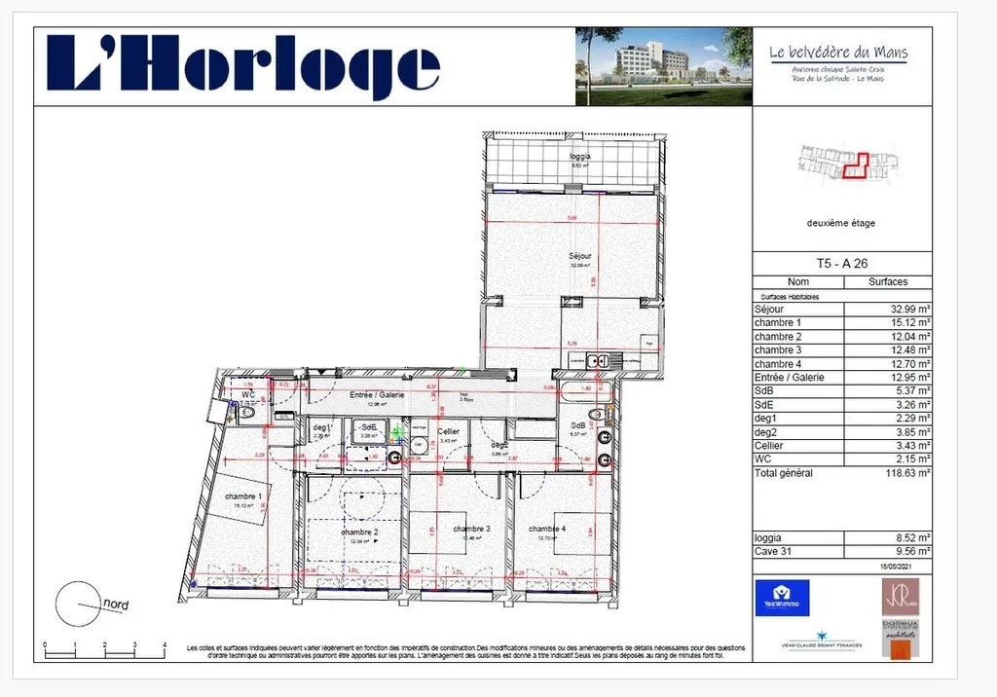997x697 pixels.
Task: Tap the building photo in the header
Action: (x=663, y=66)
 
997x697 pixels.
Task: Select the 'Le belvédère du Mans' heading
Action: (x=838, y=53)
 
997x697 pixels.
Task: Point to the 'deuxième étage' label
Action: (x=841, y=223)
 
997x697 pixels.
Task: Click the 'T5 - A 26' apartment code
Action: (x=841, y=264)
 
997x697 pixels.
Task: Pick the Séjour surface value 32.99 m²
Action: (x=903, y=309)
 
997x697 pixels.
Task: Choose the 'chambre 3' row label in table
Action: (x=778, y=349)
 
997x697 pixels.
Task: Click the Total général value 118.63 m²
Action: (x=902, y=472)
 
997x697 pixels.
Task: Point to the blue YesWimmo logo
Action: (x=782, y=597)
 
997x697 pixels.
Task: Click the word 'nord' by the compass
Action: (x=116, y=605)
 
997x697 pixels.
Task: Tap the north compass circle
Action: (x=77, y=604)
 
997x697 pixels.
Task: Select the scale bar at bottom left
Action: (x=105, y=648)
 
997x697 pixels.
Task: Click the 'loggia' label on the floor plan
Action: (x=580, y=156)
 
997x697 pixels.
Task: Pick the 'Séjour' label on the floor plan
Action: (x=580, y=256)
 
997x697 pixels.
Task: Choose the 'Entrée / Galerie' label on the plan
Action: (x=378, y=394)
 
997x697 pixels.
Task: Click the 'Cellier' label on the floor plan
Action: (x=448, y=430)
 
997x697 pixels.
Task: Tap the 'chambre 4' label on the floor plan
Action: (x=546, y=529)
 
